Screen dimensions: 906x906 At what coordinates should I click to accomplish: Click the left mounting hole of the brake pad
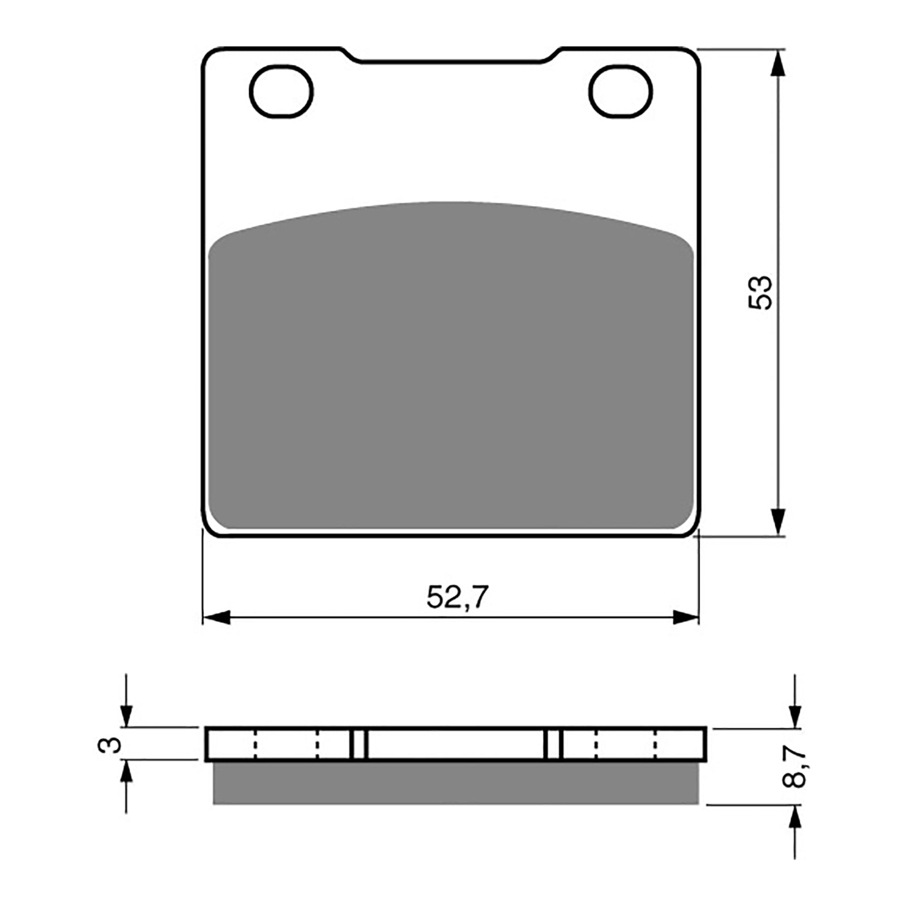281,92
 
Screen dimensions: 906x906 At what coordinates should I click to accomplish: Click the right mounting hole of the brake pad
620,92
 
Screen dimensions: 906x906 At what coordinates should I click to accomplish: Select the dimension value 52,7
457,597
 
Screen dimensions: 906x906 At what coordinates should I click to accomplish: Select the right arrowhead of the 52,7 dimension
685,618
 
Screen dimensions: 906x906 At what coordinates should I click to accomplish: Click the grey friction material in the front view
450,368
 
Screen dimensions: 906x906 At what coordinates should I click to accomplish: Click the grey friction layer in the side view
456,783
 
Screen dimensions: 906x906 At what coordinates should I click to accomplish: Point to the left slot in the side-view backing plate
359,744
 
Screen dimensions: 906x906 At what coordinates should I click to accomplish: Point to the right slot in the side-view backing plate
553,744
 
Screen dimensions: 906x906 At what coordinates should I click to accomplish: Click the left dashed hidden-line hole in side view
286,744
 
